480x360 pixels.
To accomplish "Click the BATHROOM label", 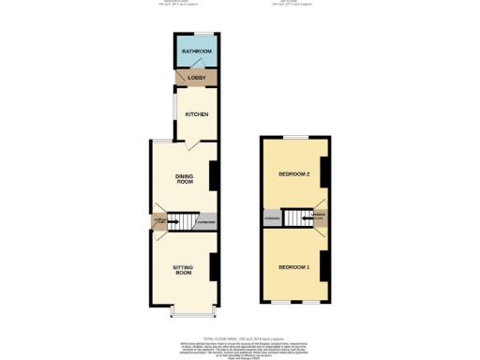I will coord(196,52).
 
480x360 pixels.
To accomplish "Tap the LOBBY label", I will coord(196,77).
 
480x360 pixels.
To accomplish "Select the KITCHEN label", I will coord(196,114).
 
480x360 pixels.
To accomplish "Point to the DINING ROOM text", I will coord(184,177).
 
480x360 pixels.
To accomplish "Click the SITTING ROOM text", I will coord(183,270).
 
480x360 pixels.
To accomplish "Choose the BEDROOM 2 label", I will coord(292,174).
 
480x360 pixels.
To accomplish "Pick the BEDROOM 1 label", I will coord(292,267).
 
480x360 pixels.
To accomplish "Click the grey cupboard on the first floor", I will coord(273,220).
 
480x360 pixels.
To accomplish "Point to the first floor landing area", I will coord(320,219).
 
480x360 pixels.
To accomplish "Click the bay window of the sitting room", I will coord(194,311).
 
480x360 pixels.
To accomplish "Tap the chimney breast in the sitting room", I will coord(215,266).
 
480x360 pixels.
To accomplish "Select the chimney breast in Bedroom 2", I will coord(323,172).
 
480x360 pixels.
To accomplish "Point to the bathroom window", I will coord(196,35).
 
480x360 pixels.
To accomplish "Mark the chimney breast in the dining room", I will coord(214,174).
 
